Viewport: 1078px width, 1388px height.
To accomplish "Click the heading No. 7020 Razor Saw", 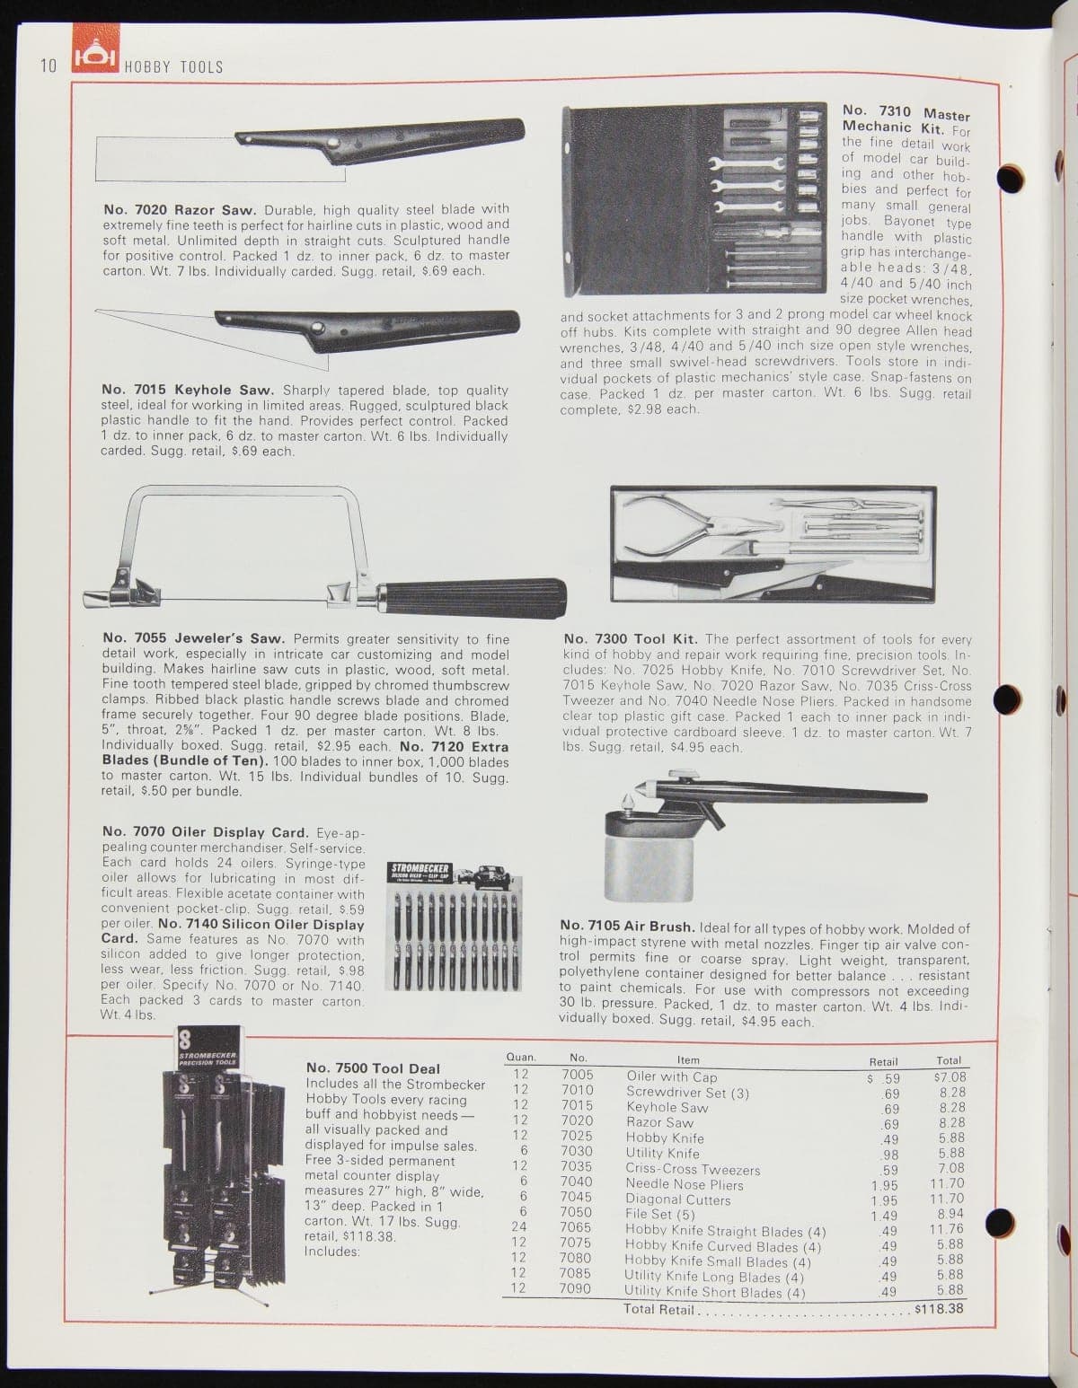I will click(x=180, y=209).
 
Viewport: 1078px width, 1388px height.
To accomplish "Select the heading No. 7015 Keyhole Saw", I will click(x=188, y=391).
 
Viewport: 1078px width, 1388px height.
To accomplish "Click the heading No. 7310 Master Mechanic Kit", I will click(x=905, y=119).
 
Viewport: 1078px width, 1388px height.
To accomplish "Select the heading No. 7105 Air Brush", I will click(x=626, y=926).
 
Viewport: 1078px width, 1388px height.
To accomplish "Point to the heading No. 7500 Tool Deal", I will click(x=373, y=1068).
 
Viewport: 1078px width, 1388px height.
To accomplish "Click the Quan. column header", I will click(x=521, y=1059).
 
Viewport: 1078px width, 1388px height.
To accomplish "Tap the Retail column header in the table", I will click(x=883, y=1061).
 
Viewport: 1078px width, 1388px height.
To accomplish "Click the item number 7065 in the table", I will click(x=576, y=1227).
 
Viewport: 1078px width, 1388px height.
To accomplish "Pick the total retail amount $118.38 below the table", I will click(x=938, y=1308).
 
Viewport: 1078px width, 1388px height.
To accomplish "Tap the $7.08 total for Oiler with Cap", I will click(x=950, y=1076).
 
